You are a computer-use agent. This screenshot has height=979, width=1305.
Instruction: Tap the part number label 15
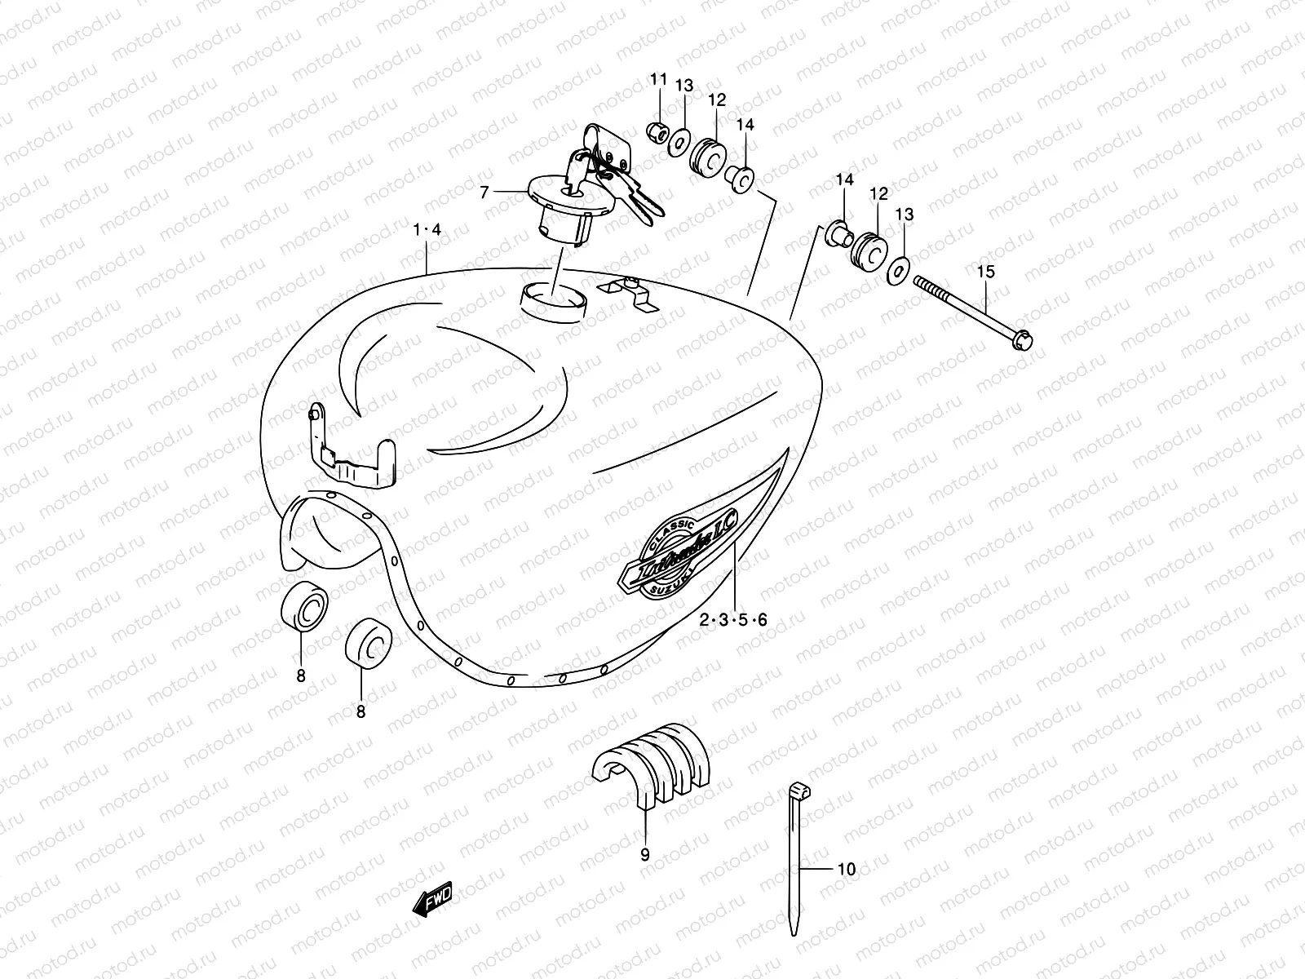985,272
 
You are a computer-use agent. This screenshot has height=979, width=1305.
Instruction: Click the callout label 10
847,870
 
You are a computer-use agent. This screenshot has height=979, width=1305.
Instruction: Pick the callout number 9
644,856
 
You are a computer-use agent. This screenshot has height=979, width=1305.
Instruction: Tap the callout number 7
507,193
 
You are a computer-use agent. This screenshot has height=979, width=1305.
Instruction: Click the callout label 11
658,79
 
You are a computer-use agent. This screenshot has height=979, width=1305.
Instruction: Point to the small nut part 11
657,131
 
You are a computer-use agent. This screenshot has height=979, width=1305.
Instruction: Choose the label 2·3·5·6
733,620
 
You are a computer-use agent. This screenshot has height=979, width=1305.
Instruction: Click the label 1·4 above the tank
427,230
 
